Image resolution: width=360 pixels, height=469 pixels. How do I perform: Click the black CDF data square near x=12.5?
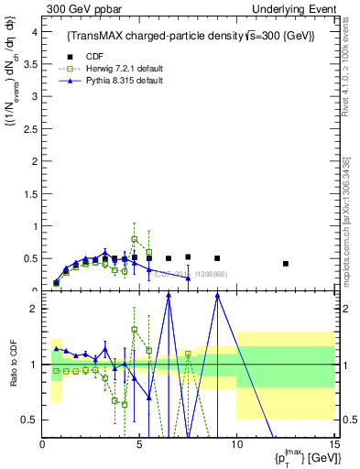coord(286,264)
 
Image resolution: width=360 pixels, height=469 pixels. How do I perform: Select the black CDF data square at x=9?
coord(217,258)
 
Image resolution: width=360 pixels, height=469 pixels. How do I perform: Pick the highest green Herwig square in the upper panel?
coord(135,239)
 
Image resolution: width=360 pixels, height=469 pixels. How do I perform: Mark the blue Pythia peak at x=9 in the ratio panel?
coord(217,294)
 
